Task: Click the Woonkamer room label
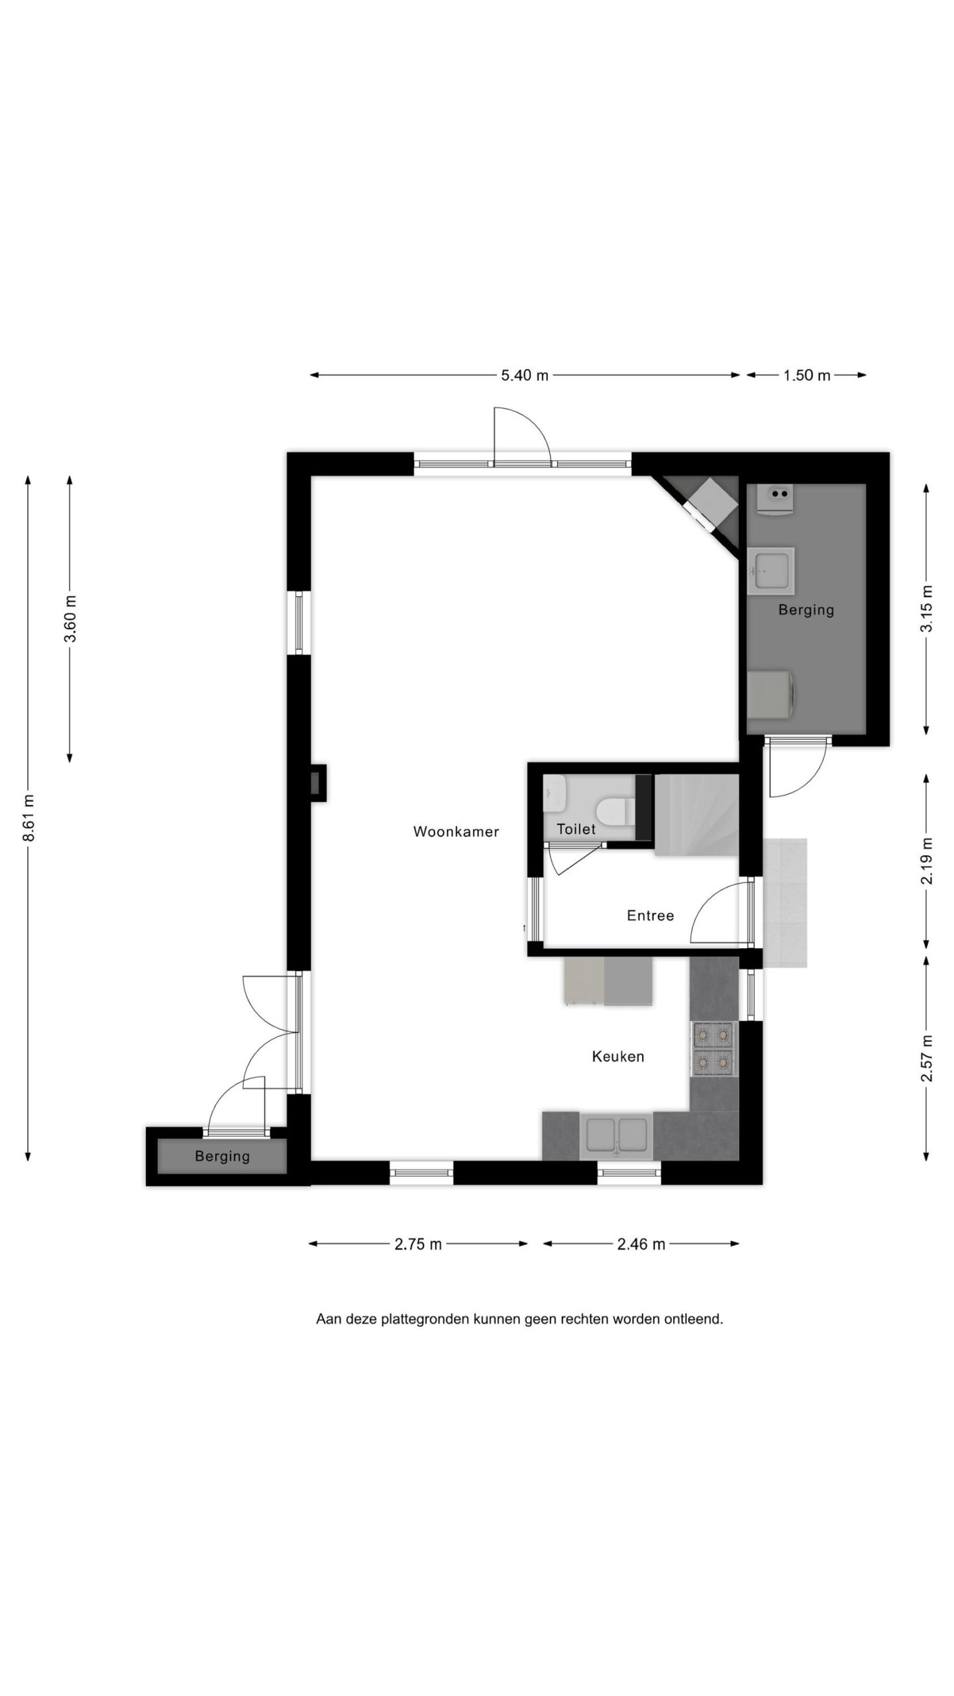click(456, 831)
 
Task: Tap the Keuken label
click(617, 1056)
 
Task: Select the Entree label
click(650, 915)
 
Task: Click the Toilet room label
click(576, 829)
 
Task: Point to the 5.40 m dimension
click(525, 375)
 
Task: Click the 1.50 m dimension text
click(806, 375)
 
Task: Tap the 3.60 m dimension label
click(70, 619)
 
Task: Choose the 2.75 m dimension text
click(418, 1244)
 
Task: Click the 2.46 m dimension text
click(641, 1244)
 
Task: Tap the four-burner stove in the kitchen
click(714, 1048)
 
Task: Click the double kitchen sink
click(616, 1136)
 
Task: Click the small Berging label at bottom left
click(222, 1156)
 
